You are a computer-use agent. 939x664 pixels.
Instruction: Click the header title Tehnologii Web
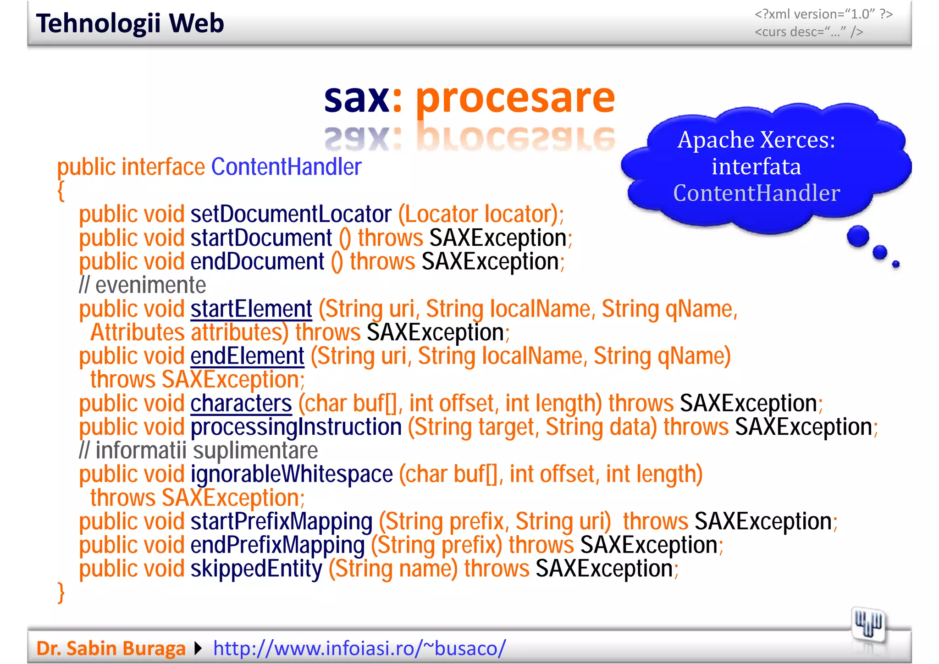[x=130, y=23]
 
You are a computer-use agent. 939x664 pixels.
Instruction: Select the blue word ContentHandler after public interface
[x=286, y=167]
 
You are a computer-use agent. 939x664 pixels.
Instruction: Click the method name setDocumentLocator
[x=291, y=214]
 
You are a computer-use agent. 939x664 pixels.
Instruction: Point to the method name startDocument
[x=261, y=238]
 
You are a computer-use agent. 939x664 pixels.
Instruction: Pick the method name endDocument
[x=257, y=262]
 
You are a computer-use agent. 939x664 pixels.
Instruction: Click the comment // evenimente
[x=142, y=285]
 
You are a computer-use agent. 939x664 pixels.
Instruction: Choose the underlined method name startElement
[x=251, y=309]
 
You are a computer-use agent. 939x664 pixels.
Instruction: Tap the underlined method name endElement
[x=247, y=356]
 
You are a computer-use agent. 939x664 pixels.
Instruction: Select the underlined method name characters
[x=241, y=404]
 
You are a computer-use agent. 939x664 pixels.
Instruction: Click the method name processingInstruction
[x=296, y=427]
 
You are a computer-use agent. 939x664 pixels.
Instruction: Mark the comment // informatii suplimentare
[x=198, y=451]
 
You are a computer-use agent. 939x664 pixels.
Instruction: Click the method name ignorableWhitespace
[x=292, y=474]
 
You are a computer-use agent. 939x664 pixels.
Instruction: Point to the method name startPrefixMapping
[x=282, y=521]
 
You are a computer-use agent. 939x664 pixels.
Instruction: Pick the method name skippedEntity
[x=256, y=569]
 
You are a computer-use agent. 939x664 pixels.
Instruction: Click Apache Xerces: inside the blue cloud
[x=756, y=140]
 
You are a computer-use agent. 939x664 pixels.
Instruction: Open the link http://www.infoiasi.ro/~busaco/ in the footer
[x=359, y=648]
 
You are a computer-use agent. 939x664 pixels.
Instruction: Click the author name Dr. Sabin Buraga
[x=111, y=648]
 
